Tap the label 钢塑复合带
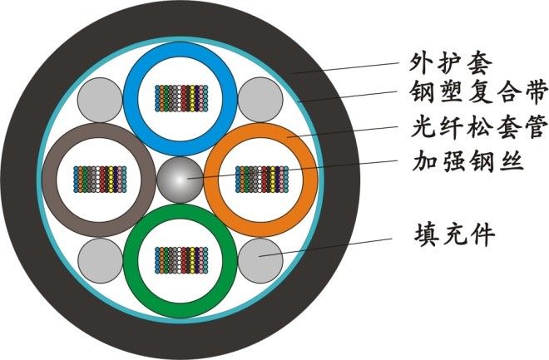[466, 93]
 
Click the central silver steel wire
[181, 179]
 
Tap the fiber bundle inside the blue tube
[181, 98]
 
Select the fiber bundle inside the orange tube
[261, 179]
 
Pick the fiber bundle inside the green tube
[181, 259]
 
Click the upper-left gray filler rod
[100, 98]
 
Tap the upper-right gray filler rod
[260, 98]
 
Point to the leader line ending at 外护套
[349, 67]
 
